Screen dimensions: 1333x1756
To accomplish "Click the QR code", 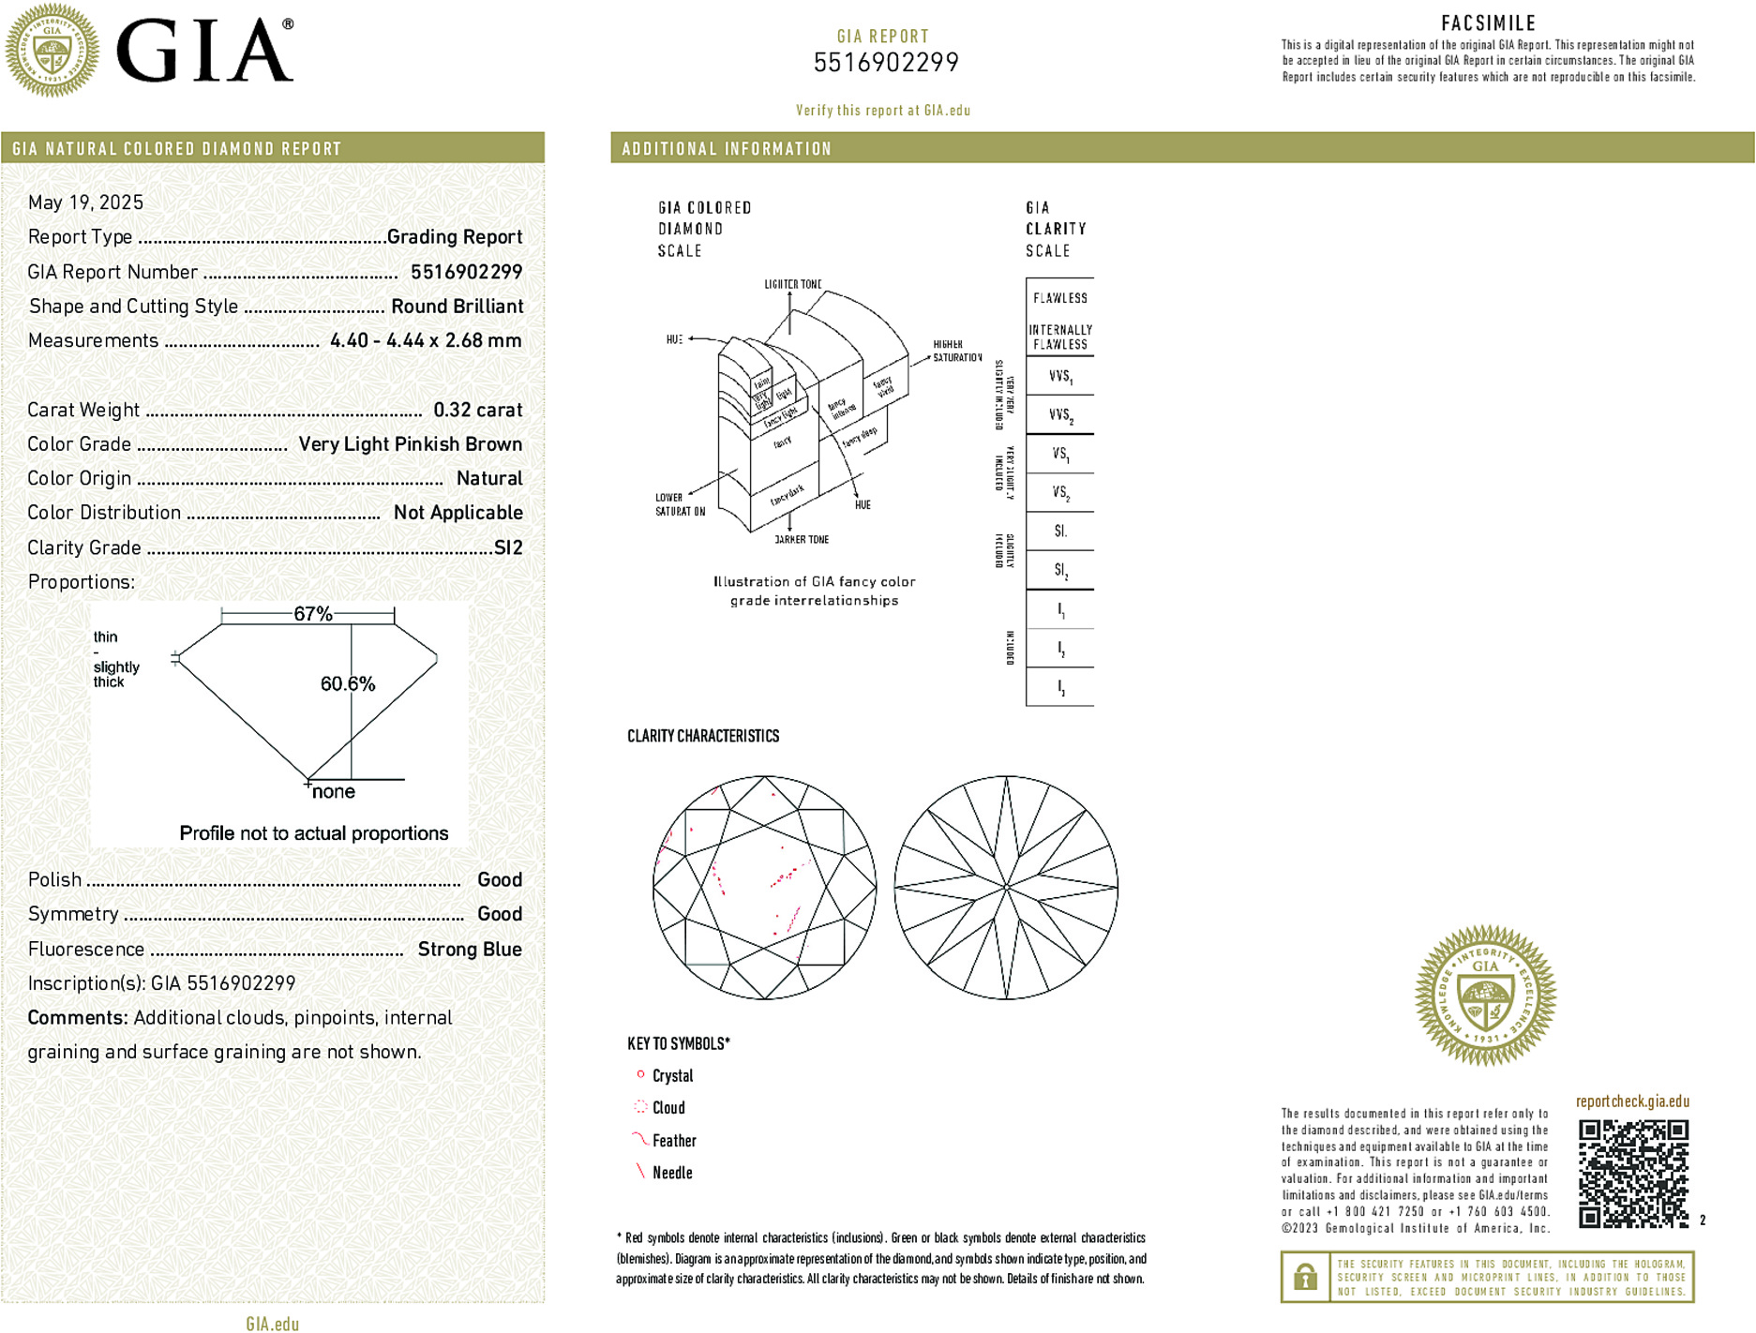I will coord(1633,1173).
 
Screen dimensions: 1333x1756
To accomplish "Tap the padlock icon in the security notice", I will coord(1305,1277).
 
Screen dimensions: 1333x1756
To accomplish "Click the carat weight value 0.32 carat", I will coord(477,410).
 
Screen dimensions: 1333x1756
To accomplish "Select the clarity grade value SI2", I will coord(508,547).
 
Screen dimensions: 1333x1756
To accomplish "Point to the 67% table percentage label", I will coord(313,614).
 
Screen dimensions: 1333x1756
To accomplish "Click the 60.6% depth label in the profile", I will coord(348,684).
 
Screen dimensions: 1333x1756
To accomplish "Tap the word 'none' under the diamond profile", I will coord(334,792).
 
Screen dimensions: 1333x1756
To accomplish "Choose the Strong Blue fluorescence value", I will coord(470,949).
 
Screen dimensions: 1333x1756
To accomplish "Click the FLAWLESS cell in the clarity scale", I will coord(1060,298).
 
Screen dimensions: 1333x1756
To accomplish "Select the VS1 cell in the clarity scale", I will coord(1060,454).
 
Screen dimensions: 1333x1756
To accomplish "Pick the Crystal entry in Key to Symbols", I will coord(672,1076).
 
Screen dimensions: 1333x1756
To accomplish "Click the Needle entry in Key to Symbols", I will coord(672,1173).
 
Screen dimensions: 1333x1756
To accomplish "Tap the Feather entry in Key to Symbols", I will coord(674,1141).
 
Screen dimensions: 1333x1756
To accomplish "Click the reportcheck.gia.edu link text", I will coord(1632,1101).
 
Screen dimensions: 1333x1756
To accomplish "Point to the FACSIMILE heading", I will coord(1488,23).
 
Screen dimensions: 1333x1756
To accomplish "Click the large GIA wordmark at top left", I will coord(204,52).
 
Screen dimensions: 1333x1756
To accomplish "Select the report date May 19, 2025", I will coord(86,202).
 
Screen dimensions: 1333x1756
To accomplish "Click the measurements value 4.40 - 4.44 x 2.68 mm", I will coord(426,340).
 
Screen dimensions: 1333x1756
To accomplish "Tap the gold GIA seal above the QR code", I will coord(1485,996).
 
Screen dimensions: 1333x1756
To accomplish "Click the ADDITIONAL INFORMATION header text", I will coord(727,149).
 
